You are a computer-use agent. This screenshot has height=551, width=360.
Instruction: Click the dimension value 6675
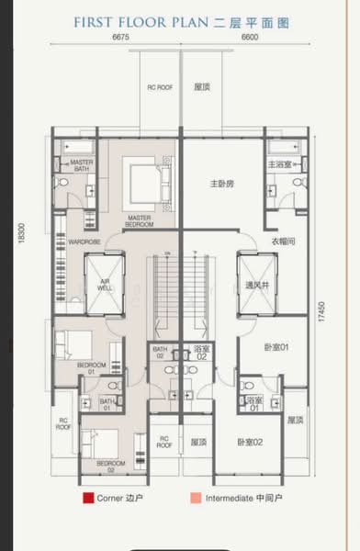[x=119, y=39]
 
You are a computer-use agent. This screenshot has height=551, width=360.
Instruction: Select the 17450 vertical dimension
[x=322, y=313]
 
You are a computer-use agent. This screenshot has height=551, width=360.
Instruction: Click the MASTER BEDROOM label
[x=140, y=221]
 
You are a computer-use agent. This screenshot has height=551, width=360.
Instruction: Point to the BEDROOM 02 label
[x=104, y=465]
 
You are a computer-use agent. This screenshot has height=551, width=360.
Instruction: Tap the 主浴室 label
[x=279, y=164]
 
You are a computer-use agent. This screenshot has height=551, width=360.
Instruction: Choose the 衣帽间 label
[x=282, y=241]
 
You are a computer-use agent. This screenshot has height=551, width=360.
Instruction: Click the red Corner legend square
[x=87, y=500]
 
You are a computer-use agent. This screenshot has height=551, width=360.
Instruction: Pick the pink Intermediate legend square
[x=194, y=500]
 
